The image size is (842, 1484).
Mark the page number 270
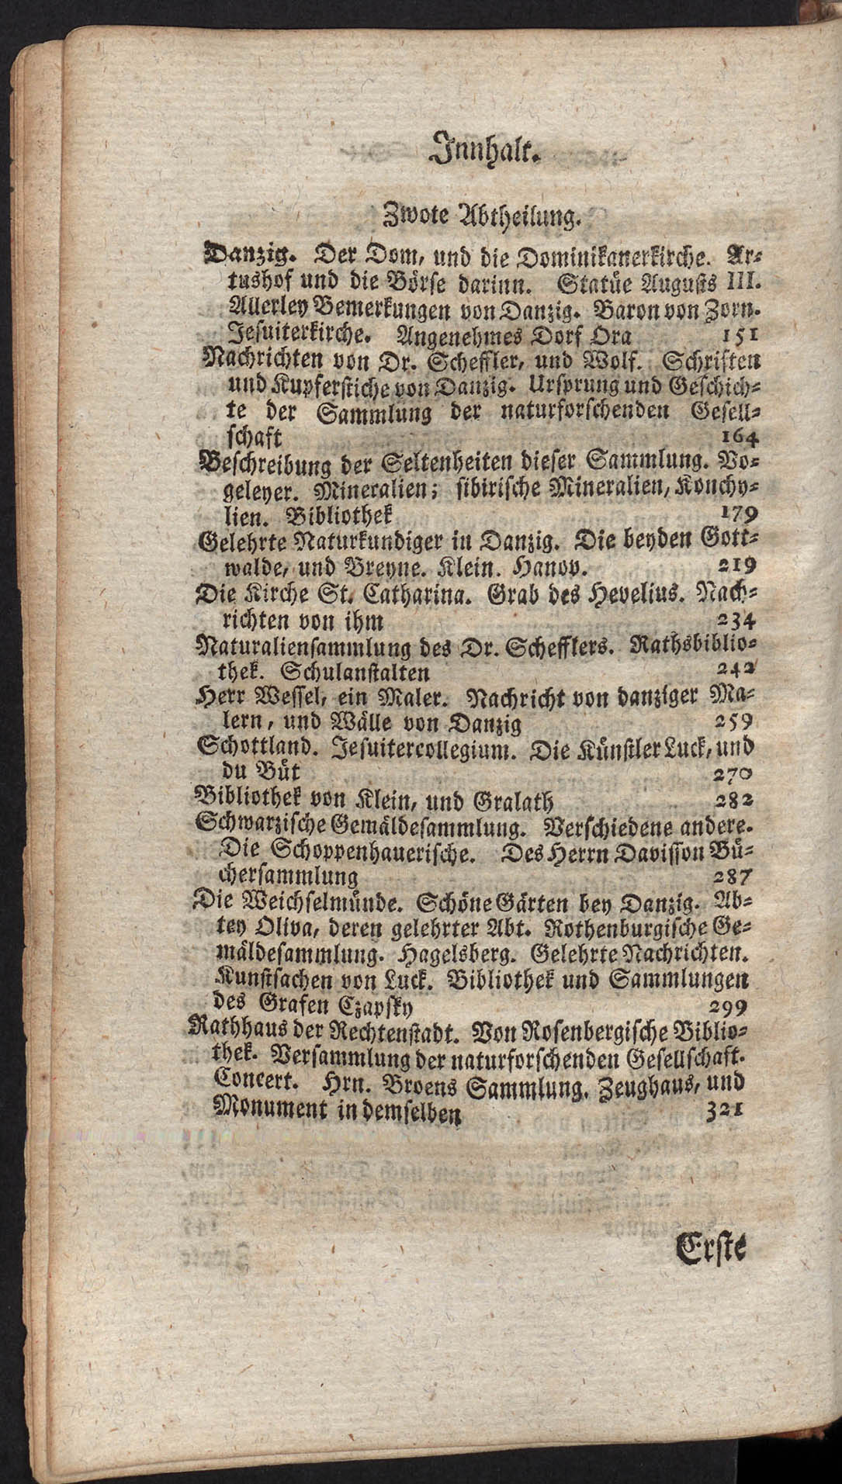point(732,773)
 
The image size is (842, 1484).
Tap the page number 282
point(731,799)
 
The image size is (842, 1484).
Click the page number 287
point(730,876)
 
